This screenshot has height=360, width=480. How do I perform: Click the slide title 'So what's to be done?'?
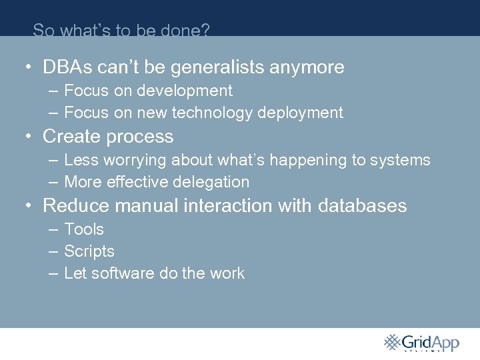click(x=121, y=30)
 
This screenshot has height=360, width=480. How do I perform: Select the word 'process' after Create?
click(x=141, y=137)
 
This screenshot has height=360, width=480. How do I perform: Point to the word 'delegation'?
click(x=216, y=182)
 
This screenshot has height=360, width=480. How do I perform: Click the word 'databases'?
click(x=362, y=206)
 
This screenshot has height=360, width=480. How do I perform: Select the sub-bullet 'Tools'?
click(x=84, y=229)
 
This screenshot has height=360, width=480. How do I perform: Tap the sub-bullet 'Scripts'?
click(x=89, y=251)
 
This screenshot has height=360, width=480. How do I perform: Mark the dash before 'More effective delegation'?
click(x=53, y=182)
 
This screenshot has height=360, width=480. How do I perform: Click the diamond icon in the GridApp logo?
click(x=393, y=342)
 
